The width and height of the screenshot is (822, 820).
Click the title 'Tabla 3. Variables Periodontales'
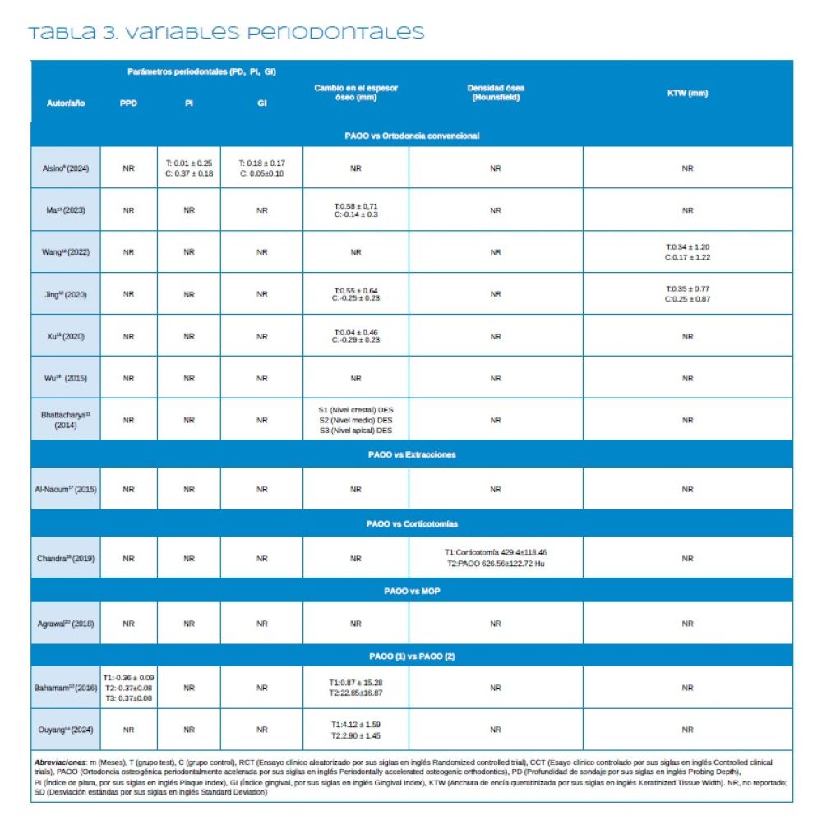coord(226,34)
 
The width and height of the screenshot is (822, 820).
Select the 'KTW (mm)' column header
coord(687,93)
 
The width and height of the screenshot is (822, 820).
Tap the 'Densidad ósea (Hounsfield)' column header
coord(496,93)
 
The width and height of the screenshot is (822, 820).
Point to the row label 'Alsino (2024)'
coord(66,168)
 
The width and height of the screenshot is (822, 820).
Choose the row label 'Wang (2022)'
coord(66,252)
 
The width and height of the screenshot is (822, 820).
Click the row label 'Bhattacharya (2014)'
coord(66,420)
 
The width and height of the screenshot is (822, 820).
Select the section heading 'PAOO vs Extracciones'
coord(412,454)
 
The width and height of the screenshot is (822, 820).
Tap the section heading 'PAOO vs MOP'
coord(412,591)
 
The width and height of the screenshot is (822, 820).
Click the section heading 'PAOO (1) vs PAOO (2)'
coord(412,656)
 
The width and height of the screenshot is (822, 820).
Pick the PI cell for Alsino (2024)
coord(189,168)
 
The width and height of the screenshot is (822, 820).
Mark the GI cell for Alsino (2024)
coord(262,168)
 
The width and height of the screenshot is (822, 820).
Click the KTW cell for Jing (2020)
coord(687,294)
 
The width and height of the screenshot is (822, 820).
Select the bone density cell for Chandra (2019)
coord(496,558)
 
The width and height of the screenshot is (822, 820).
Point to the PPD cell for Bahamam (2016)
coord(128,688)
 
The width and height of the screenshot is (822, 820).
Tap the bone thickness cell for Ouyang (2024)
coord(356,730)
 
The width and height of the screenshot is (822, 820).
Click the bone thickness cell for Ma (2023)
coord(356,210)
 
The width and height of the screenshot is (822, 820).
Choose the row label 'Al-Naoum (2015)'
coord(66,489)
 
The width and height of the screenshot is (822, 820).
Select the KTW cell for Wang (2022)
coord(687,252)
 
